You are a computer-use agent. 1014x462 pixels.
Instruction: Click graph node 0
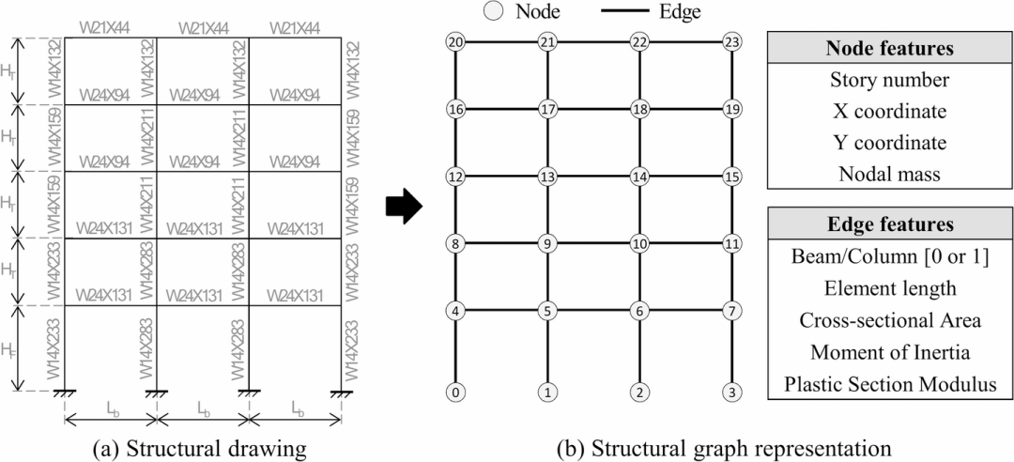(x=456, y=393)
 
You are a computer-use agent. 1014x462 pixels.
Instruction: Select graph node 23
(x=731, y=42)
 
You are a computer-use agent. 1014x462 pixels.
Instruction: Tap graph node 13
(x=547, y=177)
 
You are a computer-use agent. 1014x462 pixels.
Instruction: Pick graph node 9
(x=547, y=244)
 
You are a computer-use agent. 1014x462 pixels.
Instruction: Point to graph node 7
(x=731, y=311)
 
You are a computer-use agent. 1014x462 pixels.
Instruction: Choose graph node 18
(x=639, y=109)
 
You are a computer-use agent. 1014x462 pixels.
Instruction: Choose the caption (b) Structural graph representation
(x=662, y=447)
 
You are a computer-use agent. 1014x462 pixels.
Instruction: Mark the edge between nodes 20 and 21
(x=501, y=42)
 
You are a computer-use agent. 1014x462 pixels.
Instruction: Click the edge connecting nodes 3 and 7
(x=731, y=352)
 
